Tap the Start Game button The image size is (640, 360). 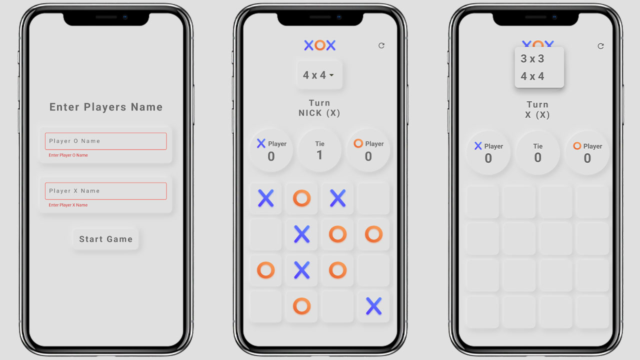pos(105,239)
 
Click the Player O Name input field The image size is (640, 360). pos(105,141)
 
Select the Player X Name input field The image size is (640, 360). pos(105,191)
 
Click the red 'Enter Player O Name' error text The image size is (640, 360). pos(68,155)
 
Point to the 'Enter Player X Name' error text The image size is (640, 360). pos(68,205)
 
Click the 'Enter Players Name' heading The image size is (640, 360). pos(106,107)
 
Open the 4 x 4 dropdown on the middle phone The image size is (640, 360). pos(319,75)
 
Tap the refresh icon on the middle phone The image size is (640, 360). pos(381,45)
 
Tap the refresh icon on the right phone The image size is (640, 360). pos(600,46)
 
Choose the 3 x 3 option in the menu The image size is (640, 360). pos(532,58)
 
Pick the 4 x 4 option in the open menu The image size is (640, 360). pos(532,76)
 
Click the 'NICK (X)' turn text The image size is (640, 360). pos(319,113)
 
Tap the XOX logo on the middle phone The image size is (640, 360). pos(319,45)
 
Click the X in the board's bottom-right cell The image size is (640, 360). pos(373,306)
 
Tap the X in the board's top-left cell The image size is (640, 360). pos(265,198)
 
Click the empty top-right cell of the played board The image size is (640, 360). pos(373,198)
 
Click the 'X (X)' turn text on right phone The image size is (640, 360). pos(537,115)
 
